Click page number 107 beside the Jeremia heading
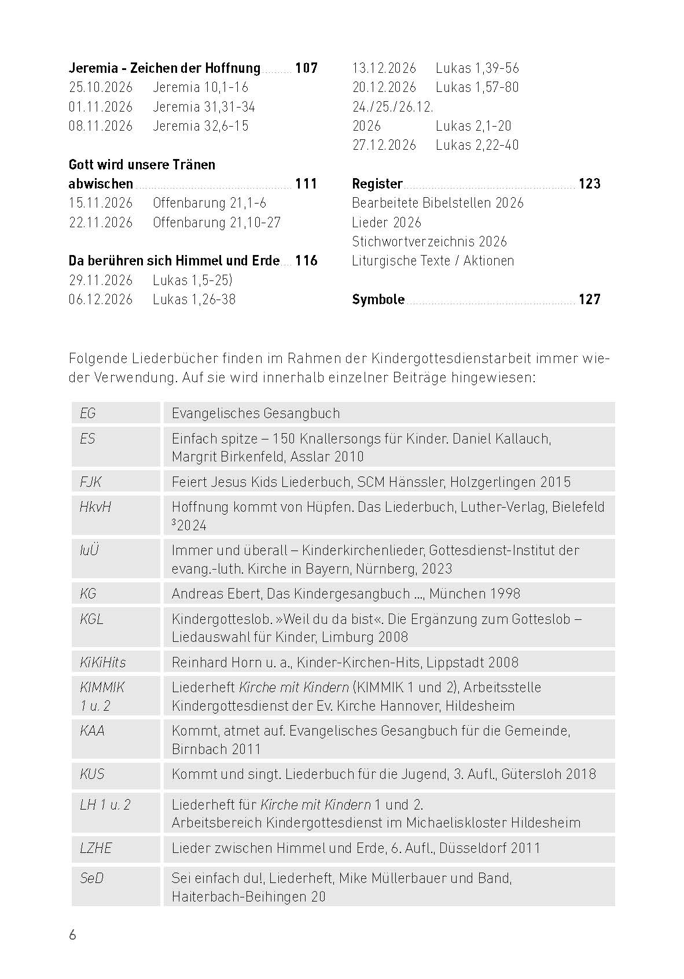tap(306, 68)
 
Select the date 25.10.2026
tap(101, 87)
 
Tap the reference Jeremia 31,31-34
tap(204, 107)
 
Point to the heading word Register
tap(377, 184)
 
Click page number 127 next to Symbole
tap(589, 300)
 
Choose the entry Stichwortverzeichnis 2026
tap(429, 242)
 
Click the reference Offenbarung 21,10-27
tap(216, 223)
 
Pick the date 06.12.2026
tap(101, 300)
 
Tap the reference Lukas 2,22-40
tap(477, 145)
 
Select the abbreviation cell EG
tap(88, 413)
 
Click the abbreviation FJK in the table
tap(91, 482)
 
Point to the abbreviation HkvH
tap(95, 507)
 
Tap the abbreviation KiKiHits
tap(102, 662)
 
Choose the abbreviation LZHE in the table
tap(96, 848)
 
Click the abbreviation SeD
tap(92, 878)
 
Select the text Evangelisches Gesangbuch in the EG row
tap(256, 413)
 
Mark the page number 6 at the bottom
tap(72, 935)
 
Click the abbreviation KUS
tap(92, 774)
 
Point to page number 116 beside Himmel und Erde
tap(306, 261)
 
